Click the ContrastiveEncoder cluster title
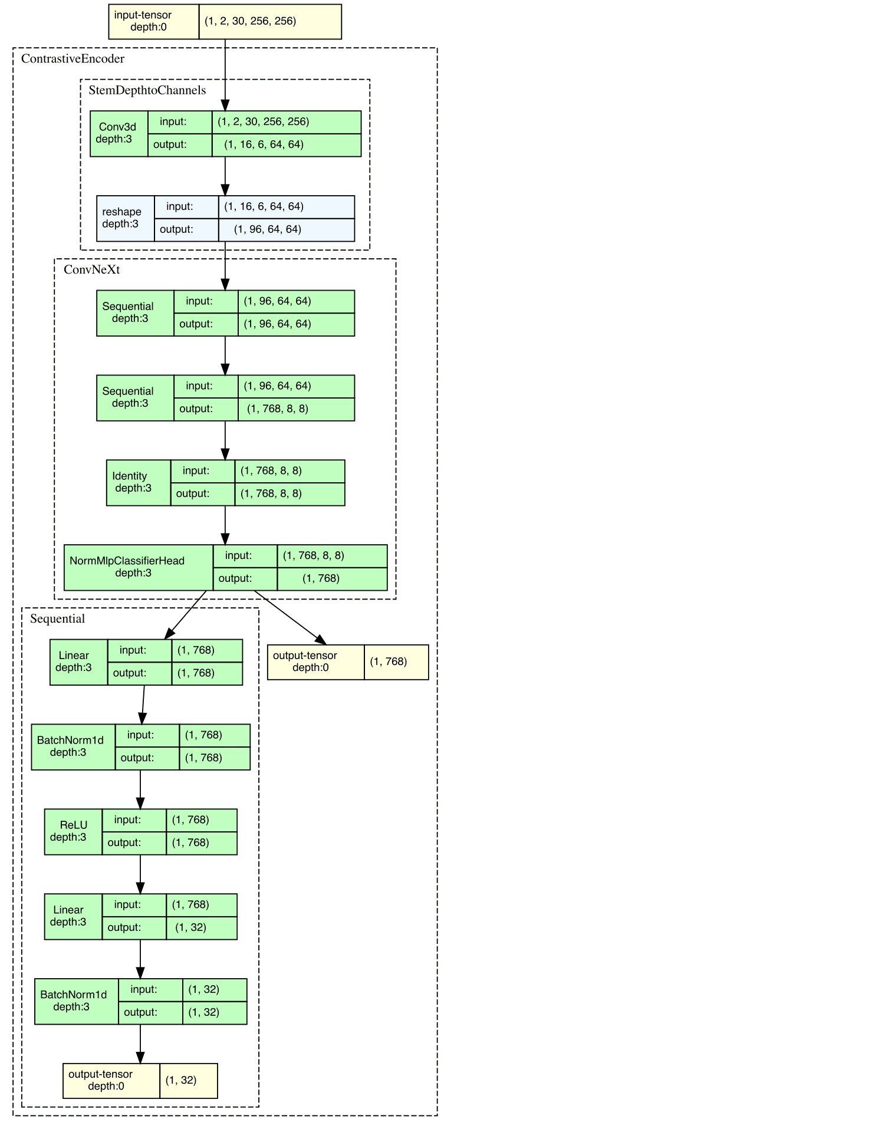[x=73, y=59]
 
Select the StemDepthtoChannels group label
[x=147, y=90]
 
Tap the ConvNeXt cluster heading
[x=91, y=269]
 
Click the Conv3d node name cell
[x=119, y=133]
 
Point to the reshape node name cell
[x=125, y=218]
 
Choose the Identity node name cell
[x=138, y=482]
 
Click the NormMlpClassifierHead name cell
[x=138, y=567]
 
